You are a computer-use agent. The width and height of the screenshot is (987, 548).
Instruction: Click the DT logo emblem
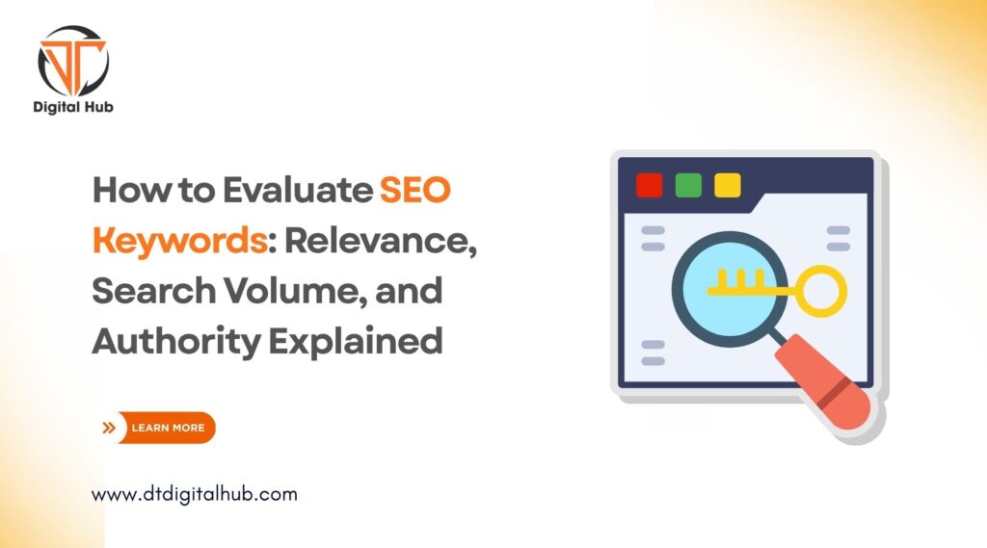[x=72, y=60]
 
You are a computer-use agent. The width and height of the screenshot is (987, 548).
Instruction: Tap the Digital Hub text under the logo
[x=73, y=107]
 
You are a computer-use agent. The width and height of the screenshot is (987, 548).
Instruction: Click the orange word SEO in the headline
[x=414, y=191]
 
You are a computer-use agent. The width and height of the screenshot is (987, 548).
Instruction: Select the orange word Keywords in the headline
[x=178, y=241]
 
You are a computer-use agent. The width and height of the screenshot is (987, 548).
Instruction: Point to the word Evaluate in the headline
[x=296, y=191]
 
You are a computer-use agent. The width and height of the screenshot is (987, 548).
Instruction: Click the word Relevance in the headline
[x=380, y=241]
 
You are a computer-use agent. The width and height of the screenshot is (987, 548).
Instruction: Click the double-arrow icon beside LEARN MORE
[x=109, y=427]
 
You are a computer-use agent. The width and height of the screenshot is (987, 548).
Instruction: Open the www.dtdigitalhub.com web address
[x=194, y=494]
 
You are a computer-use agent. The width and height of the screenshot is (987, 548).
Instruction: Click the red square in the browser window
[x=650, y=184]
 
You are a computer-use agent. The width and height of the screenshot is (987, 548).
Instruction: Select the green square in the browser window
[x=688, y=184]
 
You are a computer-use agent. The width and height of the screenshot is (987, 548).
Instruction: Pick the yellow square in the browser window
[x=727, y=184]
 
